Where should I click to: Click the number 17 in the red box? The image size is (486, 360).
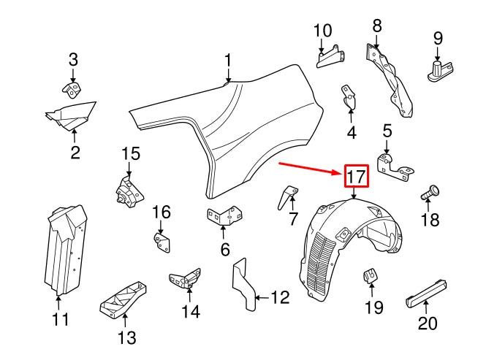click(355, 176)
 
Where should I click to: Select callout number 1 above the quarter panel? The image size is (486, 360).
click(227, 60)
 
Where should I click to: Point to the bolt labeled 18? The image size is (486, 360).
click(430, 194)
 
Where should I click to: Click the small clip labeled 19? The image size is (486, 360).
click(371, 277)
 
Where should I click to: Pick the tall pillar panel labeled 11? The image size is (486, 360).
click(62, 248)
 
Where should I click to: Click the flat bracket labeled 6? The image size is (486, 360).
click(224, 217)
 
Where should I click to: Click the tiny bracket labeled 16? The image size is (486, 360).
click(162, 242)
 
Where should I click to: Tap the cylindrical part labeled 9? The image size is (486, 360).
click(436, 69)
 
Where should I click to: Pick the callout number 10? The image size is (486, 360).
click(322, 31)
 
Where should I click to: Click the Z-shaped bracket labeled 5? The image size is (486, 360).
click(396, 164)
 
